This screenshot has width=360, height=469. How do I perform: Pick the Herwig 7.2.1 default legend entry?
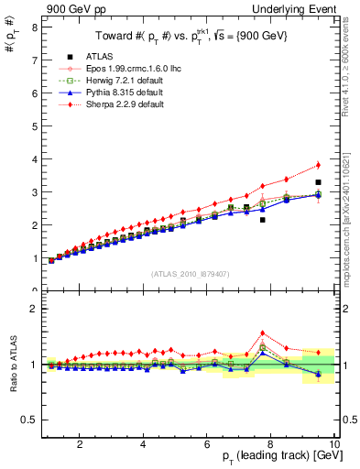123,81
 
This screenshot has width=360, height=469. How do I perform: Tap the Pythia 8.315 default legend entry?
123,93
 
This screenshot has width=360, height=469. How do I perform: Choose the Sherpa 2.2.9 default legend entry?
123,104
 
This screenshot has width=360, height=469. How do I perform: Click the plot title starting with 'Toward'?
190,36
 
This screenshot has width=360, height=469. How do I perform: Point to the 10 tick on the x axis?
334,444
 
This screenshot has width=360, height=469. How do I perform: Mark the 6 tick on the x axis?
207,444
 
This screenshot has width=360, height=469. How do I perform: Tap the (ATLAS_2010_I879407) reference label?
190,273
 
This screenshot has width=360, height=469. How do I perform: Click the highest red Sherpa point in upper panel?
318,165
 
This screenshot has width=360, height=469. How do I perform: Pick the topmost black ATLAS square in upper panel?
318,182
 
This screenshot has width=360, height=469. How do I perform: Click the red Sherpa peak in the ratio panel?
263,333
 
